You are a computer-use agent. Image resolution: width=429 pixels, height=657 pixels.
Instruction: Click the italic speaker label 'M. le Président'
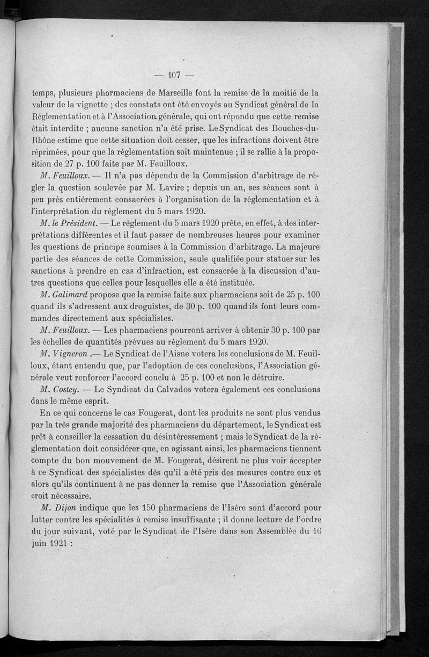[x=68, y=222]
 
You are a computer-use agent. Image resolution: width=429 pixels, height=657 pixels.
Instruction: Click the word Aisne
[x=167, y=355]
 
